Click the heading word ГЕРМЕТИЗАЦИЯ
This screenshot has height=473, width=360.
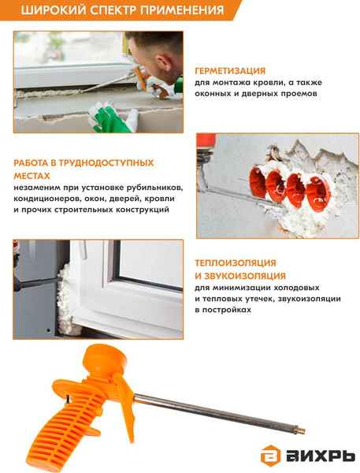click(x=230, y=71)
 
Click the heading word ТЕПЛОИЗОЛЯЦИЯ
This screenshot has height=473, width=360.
click(x=236, y=263)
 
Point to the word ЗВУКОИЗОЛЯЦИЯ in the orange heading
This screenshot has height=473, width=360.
click(x=245, y=276)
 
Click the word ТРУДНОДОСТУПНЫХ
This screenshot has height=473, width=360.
click(x=106, y=163)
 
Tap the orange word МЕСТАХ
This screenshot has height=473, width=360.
click(x=32, y=176)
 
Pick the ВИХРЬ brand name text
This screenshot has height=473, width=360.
click(x=321, y=456)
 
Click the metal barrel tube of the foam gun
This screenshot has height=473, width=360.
click(x=213, y=411)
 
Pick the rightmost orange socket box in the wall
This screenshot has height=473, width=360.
click(x=317, y=193)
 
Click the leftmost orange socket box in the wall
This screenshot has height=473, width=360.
click(x=257, y=182)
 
